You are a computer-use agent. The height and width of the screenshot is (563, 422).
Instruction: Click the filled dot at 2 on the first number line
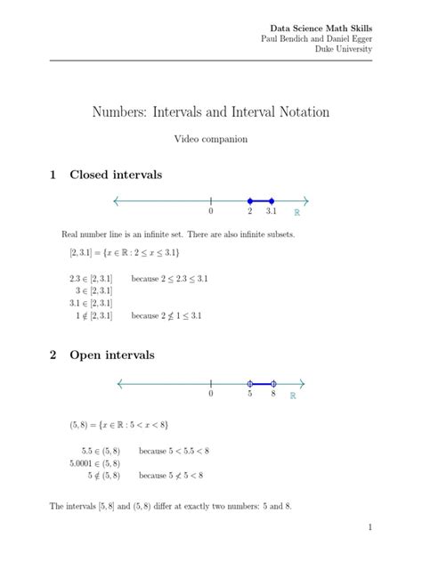pyautogui.click(x=250, y=200)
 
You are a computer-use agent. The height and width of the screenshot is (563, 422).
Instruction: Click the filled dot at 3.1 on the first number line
pyautogui.click(x=272, y=200)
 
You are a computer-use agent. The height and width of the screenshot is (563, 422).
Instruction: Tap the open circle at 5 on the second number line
pyautogui.click(x=250, y=384)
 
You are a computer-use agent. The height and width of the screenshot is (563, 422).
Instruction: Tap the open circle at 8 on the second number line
pyautogui.click(x=273, y=384)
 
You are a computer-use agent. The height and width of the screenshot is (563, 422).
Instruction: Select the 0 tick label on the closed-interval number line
pyautogui.click(x=211, y=213)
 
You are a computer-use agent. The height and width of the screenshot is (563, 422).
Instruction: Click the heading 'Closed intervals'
pyautogui.click(x=116, y=175)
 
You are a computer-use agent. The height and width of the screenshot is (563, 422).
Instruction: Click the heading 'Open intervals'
pyautogui.click(x=112, y=355)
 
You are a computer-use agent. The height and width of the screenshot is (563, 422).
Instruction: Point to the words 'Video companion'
pyautogui.click(x=211, y=140)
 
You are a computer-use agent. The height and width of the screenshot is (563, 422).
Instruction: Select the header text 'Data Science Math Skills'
pyautogui.click(x=321, y=28)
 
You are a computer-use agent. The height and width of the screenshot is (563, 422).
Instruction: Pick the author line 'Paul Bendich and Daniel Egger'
pyautogui.click(x=316, y=38)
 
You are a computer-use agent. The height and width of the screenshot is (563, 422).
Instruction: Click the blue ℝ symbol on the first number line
pyautogui.click(x=296, y=214)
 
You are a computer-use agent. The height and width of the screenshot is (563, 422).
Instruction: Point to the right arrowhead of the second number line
pyautogui.click(x=304, y=384)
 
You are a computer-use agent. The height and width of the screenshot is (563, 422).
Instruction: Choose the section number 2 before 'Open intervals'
pyautogui.click(x=54, y=355)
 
